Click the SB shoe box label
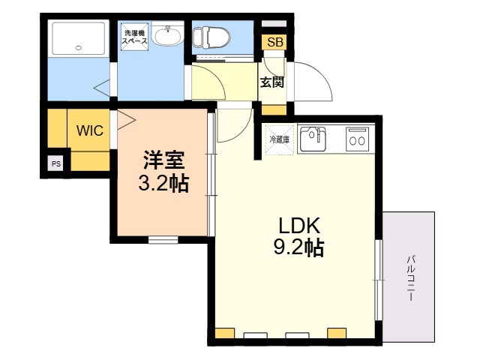(274, 42)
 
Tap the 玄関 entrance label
(271, 82)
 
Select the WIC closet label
(90, 130)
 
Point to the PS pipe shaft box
(56, 163)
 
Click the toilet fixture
(211, 37)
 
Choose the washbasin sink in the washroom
(167, 34)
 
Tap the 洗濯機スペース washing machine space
(134, 37)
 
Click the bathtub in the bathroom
(79, 38)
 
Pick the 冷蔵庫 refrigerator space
(279, 140)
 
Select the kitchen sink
(313, 139)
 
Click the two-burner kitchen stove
(357, 139)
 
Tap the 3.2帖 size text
(163, 183)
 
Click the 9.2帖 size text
(298, 247)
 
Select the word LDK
(299, 226)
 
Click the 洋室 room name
(163, 160)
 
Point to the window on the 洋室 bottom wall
(163, 240)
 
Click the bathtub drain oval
(79, 48)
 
